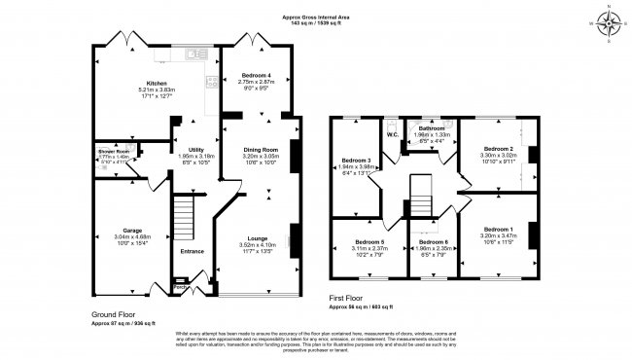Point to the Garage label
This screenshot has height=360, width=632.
(131, 231)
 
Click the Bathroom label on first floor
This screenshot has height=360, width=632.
(432, 128)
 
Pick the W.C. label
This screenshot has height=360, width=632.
(392, 134)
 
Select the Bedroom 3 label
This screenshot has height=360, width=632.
(357, 160)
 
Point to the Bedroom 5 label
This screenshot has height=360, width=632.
(369, 240)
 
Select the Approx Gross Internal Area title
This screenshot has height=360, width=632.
(317, 17)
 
